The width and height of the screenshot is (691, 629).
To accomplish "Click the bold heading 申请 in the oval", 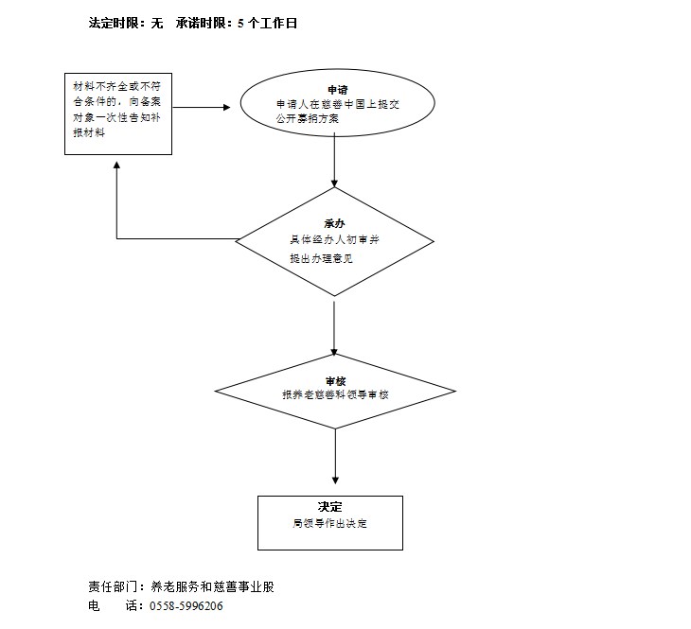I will [x=337, y=89].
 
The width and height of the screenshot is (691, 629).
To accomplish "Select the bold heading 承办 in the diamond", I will [x=334, y=224].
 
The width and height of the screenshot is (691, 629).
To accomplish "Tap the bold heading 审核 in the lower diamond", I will [x=335, y=380].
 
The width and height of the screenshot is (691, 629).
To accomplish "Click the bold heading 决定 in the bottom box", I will [x=329, y=506].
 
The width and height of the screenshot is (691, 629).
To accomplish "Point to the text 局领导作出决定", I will [x=329, y=523].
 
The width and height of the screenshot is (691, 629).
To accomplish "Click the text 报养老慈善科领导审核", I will [x=335, y=394].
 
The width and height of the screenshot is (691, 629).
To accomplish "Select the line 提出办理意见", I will [x=320, y=258].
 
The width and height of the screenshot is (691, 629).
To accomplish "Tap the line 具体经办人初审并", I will [x=334, y=240].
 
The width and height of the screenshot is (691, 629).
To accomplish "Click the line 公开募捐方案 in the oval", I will [x=309, y=120].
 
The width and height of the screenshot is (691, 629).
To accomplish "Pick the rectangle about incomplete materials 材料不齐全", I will [x=116, y=114].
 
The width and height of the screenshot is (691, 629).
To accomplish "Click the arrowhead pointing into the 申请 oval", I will [x=225, y=107].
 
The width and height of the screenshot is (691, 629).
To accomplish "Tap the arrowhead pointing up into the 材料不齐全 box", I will [x=116, y=166].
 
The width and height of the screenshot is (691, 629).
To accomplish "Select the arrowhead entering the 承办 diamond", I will [x=335, y=183].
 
